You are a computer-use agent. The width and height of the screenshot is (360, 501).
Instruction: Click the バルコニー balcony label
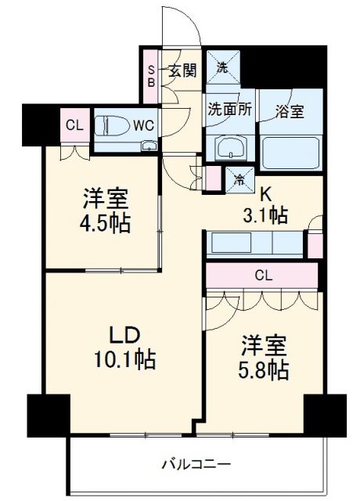(x=196, y=463)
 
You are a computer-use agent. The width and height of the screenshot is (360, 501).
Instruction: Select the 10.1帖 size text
(x=124, y=360)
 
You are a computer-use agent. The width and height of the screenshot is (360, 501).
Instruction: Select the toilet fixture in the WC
(x=110, y=125)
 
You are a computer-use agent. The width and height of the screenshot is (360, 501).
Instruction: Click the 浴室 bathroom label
(x=289, y=112)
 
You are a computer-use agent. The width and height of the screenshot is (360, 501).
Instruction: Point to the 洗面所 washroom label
(x=229, y=110)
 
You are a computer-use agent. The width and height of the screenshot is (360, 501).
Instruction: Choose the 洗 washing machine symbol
(x=222, y=67)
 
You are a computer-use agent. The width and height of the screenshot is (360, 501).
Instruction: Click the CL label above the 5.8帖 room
(x=263, y=275)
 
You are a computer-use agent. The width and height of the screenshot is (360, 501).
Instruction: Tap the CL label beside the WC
(x=74, y=124)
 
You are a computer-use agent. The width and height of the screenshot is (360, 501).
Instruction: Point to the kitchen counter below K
(x=254, y=243)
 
